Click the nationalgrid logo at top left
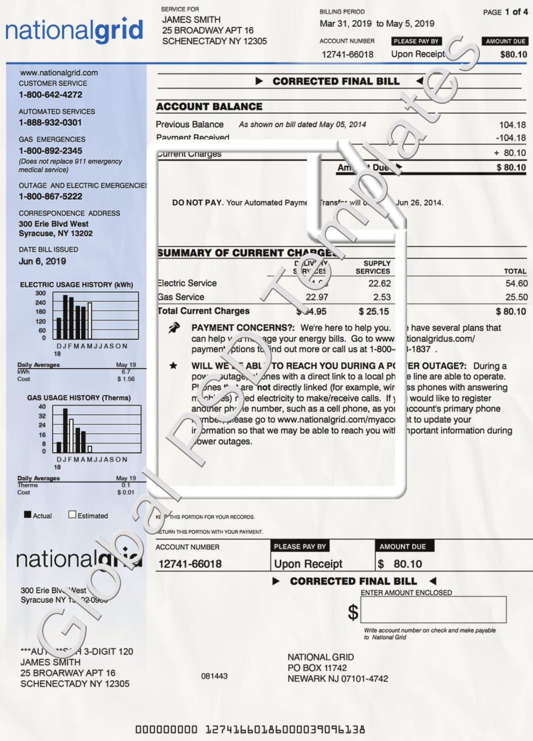[75, 31]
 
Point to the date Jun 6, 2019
[43, 262]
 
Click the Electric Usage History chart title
[75, 285]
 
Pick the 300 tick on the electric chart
[41, 293]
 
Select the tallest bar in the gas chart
[65, 429]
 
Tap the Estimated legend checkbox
[73, 515]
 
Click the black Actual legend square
[28, 515]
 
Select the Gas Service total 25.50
[516, 297]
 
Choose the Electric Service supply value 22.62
[380, 283]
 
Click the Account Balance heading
[209, 107]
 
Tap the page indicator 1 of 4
[516, 12]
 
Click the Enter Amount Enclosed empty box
[434, 610]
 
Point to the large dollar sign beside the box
[353, 612]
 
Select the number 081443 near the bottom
[215, 676]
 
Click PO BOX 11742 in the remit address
[317, 668]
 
